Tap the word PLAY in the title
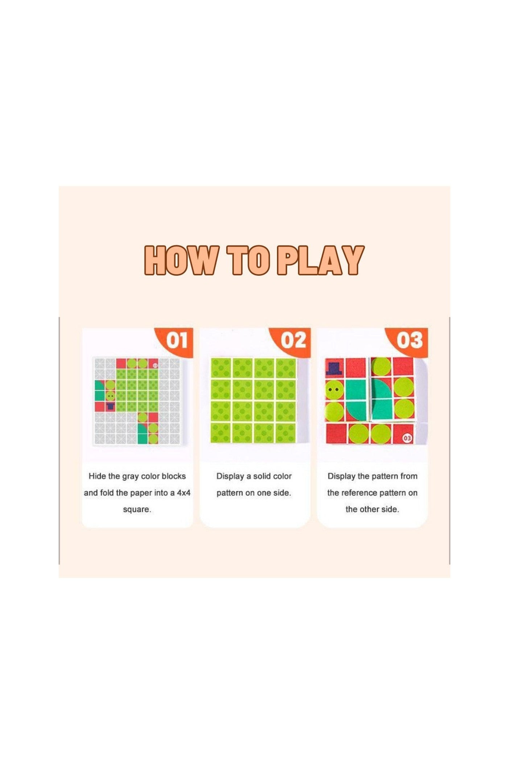[320, 260]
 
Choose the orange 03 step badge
[409, 341]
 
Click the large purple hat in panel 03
[335, 367]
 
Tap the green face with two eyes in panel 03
[334, 390]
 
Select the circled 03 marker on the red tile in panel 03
[407, 438]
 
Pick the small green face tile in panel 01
[111, 395]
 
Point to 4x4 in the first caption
[183, 493]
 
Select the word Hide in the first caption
[97, 476]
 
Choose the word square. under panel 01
[137, 510]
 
